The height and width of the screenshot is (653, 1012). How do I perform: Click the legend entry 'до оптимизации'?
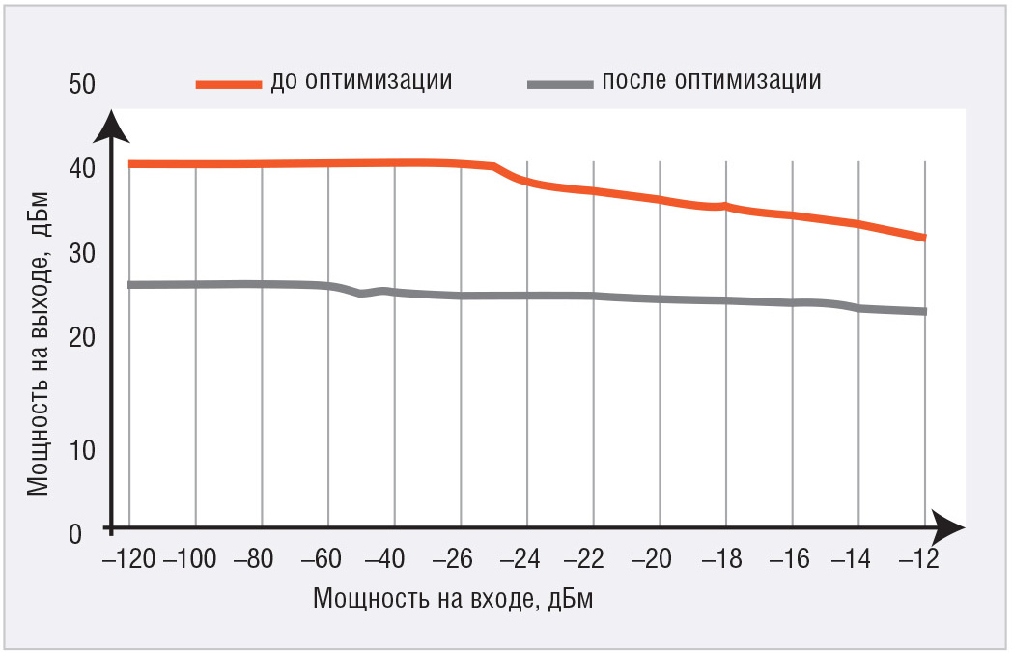(x=361, y=80)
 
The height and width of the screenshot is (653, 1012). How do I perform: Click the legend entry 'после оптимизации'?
(x=711, y=80)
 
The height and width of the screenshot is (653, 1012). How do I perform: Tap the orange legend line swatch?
(x=229, y=84)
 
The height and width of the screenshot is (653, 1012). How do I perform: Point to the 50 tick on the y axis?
(x=82, y=84)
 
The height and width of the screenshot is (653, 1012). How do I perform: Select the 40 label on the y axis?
(x=82, y=168)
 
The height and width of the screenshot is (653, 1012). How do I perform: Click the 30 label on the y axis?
(x=82, y=253)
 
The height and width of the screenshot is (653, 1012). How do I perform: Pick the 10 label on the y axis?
(x=82, y=449)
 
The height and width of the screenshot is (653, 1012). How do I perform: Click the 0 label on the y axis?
(x=75, y=531)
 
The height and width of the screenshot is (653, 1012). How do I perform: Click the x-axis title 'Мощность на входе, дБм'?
(x=452, y=599)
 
